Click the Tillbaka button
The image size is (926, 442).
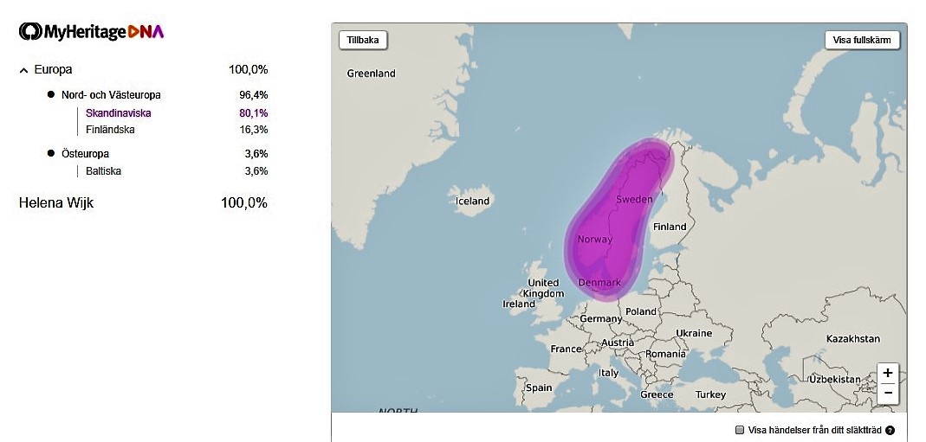(364, 40)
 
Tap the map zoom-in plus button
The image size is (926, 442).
(888, 373)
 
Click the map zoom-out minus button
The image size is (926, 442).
(888, 393)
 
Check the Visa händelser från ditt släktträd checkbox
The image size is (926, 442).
(740, 430)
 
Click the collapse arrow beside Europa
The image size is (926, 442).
(23, 70)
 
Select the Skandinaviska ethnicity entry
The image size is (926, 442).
(119, 113)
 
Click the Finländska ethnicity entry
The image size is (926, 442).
(110, 130)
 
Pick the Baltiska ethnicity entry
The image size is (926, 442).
(103, 171)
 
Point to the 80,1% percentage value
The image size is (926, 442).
(254, 113)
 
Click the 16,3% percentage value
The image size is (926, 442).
(254, 130)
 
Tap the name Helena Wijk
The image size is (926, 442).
(56, 203)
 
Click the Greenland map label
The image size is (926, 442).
(371, 74)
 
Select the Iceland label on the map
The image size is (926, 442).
(472, 201)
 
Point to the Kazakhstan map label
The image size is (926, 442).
(852, 338)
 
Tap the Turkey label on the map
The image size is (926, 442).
(710, 394)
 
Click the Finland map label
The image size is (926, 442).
(669, 227)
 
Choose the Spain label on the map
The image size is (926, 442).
(538, 388)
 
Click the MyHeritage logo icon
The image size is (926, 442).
(30, 32)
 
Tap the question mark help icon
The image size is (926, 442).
(890, 430)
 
